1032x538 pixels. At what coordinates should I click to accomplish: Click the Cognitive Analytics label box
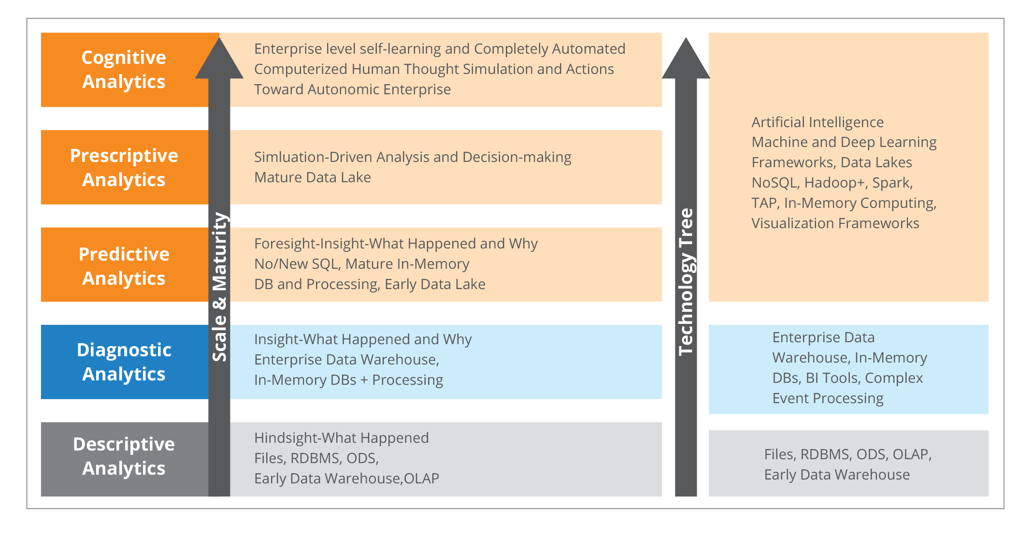(125, 70)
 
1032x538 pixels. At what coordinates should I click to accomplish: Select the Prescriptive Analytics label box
(125, 167)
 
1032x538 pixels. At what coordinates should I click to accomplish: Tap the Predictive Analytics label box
(125, 265)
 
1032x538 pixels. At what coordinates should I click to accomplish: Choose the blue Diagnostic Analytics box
(125, 362)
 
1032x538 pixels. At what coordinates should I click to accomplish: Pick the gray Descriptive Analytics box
(125, 459)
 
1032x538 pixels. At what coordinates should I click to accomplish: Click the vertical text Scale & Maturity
(220, 287)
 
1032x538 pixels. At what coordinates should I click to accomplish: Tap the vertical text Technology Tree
(687, 282)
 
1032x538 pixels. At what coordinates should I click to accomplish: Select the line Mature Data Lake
(313, 177)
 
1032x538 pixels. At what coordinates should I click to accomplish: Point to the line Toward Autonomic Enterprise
(353, 89)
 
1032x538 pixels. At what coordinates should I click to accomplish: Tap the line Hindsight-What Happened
(342, 438)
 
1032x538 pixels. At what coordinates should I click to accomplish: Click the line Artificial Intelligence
(817, 122)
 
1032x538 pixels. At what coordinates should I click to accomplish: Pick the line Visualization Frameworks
(835, 223)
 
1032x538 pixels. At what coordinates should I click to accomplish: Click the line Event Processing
(828, 398)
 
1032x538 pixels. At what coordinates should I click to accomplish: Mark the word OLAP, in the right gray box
(912, 454)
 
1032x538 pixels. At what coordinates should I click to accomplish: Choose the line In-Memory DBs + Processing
(349, 380)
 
